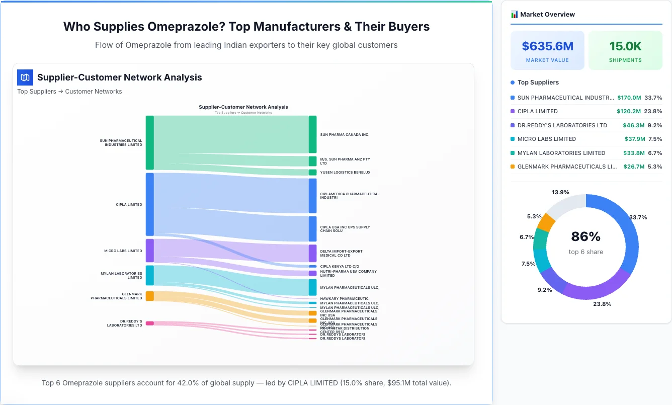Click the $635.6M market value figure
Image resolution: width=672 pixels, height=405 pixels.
click(x=547, y=46)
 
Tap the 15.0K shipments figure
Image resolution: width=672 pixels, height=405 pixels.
click(x=625, y=46)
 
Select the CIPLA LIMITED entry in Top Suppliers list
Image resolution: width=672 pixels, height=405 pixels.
click(x=537, y=111)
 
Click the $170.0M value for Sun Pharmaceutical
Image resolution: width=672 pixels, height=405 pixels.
click(x=629, y=98)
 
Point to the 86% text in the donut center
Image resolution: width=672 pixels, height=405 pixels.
click(x=585, y=236)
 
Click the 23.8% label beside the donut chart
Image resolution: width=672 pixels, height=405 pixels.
click(x=602, y=304)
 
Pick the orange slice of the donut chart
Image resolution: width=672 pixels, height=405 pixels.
click(x=546, y=222)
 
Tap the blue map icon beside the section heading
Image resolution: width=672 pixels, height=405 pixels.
click(x=25, y=77)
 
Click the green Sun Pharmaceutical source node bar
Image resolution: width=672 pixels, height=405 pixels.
click(x=149, y=143)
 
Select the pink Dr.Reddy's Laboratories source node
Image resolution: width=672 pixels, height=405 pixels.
click(x=149, y=323)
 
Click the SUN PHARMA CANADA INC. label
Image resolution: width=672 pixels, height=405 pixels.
click(x=345, y=135)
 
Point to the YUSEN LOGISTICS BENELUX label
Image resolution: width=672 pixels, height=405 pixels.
click(x=345, y=173)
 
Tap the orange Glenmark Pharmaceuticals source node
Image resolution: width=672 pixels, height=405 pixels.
click(x=149, y=296)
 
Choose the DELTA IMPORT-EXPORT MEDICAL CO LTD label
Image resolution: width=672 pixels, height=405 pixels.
click(x=341, y=253)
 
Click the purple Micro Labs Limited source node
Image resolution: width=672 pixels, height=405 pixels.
click(x=149, y=251)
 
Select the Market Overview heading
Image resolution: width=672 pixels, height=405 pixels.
click(x=547, y=15)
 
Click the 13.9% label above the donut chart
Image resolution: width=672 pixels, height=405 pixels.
click(x=560, y=192)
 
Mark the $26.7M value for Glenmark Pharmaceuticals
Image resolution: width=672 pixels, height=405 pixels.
click(x=634, y=167)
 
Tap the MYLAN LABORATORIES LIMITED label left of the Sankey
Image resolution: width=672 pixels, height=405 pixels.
click(x=121, y=276)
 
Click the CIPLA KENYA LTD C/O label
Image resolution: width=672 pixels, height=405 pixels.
click(x=340, y=266)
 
